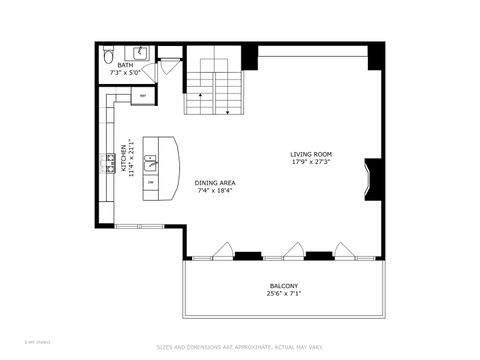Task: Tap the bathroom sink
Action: click(x=141, y=52)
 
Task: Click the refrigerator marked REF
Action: click(x=142, y=97)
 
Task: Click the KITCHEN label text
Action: click(x=125, y=158)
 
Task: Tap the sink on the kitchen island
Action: click(x=151, y=158)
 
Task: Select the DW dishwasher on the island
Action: click(x=150, y=182)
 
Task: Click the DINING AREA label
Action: click(x=214, y=183)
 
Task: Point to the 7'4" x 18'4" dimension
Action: click(x=214, y=191)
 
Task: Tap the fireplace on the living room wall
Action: click(x=372, y=177)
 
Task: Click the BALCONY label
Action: click(x=282, y=286)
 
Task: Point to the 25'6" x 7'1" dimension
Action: click(x=282, y=294)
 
